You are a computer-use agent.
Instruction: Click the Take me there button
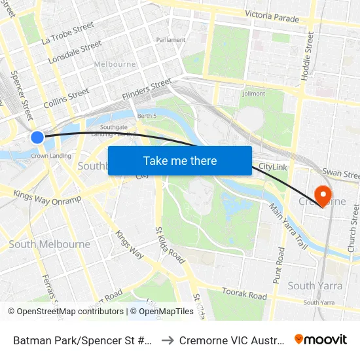point(180,161)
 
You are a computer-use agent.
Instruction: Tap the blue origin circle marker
point(37,137)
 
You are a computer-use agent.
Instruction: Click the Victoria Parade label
point(272,16)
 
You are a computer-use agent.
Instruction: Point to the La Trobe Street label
point(67,33)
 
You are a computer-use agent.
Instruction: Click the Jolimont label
point(254,94)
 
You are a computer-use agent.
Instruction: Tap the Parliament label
point(171,40)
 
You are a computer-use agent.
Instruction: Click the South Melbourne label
point(50,244)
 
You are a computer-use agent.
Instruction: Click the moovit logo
point(320,339)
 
